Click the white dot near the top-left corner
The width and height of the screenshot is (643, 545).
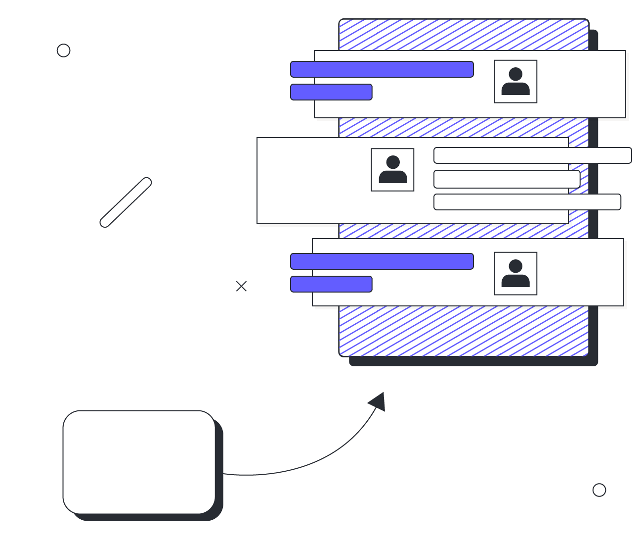(63, 50)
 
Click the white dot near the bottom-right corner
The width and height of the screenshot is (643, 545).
(599, 490)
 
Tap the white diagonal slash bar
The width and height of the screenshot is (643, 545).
(126, 202)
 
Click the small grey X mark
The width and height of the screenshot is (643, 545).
(241, 286)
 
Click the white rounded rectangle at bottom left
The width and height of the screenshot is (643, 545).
(139, 462)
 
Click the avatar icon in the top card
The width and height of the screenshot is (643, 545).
(515, 82)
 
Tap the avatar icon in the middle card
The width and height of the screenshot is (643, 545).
(392, 170)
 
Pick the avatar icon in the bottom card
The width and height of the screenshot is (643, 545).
(515, 274)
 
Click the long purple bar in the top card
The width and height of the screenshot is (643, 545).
(382, 69)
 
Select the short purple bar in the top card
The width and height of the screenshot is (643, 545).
(331, 92)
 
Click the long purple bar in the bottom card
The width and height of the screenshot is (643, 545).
(382, 261)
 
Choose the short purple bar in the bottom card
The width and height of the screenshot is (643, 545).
(331, 284)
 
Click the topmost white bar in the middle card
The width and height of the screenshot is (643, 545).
(532, 155)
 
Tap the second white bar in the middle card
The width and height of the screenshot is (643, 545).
(507, 179)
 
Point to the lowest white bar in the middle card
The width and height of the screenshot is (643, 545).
(527, 202)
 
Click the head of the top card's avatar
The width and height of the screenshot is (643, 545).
(515, 74)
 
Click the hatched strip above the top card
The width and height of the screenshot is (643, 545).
(464, 35)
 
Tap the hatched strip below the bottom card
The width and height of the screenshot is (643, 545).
(464, 331)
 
